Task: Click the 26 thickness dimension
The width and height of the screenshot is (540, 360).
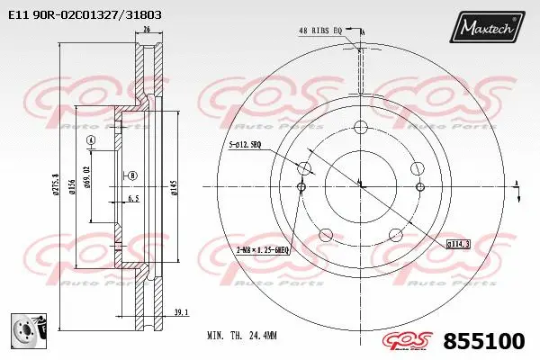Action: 147,29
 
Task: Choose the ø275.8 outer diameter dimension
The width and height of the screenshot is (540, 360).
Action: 56,187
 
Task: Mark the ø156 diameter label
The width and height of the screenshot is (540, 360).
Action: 72,187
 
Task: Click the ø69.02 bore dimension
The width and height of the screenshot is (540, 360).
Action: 87,175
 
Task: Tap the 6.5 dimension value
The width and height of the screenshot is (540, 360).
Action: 133,197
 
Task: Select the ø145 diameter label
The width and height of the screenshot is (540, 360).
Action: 173,187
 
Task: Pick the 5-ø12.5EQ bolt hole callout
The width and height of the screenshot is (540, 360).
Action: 245,143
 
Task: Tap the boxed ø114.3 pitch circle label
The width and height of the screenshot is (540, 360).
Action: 457,244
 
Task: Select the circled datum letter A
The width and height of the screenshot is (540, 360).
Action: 91,142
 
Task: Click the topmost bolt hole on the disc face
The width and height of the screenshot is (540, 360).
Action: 359,126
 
